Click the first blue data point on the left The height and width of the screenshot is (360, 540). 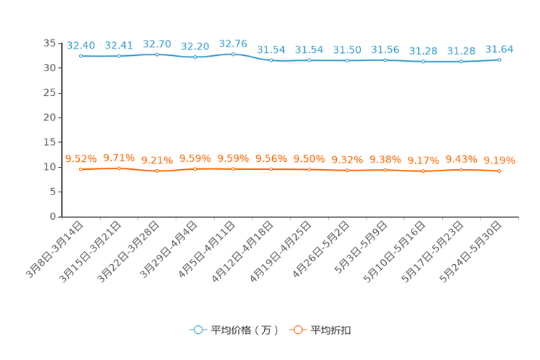[x=81, y=56]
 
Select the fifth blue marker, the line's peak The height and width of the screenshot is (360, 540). [x=233, y=54]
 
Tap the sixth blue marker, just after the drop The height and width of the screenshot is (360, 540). [x=271, y=61]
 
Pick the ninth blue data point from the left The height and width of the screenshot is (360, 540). [x=385, y=60]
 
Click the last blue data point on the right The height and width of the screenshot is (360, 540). [x=499, y=60]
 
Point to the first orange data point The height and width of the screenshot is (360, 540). [x=81, y=168]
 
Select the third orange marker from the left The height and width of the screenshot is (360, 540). [x=157, y=171]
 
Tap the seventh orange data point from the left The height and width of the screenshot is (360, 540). [x=309, y=169]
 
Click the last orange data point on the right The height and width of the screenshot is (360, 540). [x=499, y=171]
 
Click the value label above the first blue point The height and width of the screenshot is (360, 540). [x=81, y=46]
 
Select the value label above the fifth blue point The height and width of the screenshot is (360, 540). [x=233, y=43]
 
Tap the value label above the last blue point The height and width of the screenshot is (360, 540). [x=499, y=49]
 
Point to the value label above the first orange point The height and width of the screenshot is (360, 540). [x=81, y=158]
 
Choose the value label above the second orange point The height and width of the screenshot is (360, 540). [x=119, y=157]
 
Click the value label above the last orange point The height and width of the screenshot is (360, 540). [x=499, y=160]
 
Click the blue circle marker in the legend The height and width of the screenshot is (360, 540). [x=197, y=330]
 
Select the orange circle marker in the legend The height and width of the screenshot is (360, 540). [x=297, y=330]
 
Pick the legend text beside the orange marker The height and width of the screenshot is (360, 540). [x=331, y=330]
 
